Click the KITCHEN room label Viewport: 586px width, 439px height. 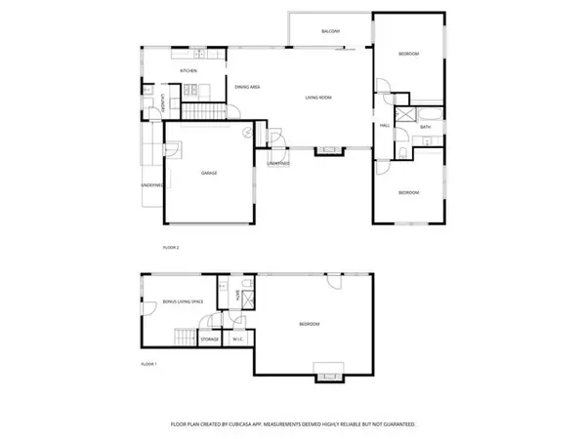pos(188,71)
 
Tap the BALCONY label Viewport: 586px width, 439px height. pos(330,32)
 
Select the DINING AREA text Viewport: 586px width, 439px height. pos(247,88)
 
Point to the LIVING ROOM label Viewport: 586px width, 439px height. pos(318,97)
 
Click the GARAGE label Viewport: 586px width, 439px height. pos(209,173)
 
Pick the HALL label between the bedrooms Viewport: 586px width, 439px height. pos(385,126)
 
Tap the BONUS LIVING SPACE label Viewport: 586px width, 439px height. pos(183,302)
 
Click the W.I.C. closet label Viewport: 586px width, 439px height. pos(238,339)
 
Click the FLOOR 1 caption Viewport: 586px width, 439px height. pos(148,364)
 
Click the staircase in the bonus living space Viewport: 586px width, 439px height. pos(186,339)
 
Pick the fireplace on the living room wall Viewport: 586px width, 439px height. pos(326,151)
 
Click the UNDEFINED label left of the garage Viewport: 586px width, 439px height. pos(151,183)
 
